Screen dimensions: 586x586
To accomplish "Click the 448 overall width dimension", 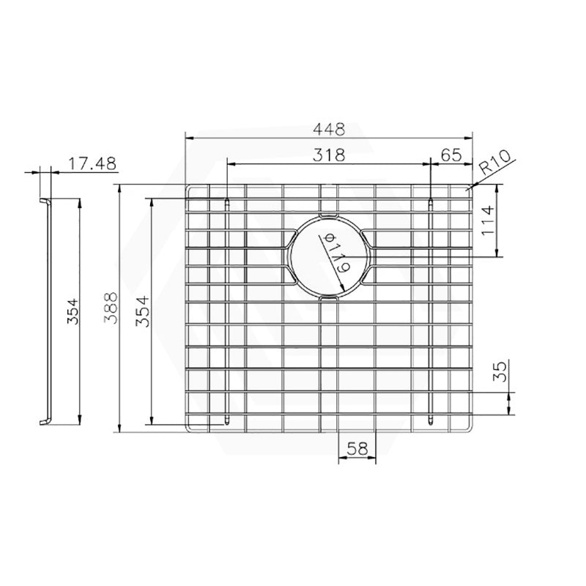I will [329, 128].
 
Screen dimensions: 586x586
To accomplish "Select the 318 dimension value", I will [329, 155].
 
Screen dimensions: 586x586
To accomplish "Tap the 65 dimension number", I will [451, 155].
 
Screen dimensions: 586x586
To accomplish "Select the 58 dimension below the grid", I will [357, 448].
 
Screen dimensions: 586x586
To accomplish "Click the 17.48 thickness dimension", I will [91, 164].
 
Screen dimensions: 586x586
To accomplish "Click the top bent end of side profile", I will [44, 201].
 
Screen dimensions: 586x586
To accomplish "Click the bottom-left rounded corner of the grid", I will [190, 428].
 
